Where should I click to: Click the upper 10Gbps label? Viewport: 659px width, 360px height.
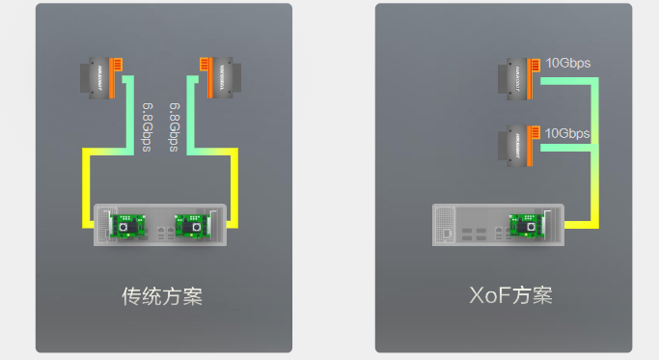coord(567,64)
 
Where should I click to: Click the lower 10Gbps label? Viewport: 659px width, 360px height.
coord(567,133)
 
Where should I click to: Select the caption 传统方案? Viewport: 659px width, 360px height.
coord(162,294)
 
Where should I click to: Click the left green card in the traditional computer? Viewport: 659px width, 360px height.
coord(126,225)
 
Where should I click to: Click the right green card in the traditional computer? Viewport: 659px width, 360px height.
coord(189,225)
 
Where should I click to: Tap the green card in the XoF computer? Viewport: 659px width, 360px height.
coord(527,225)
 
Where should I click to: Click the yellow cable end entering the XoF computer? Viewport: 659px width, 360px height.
coord(572,225)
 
